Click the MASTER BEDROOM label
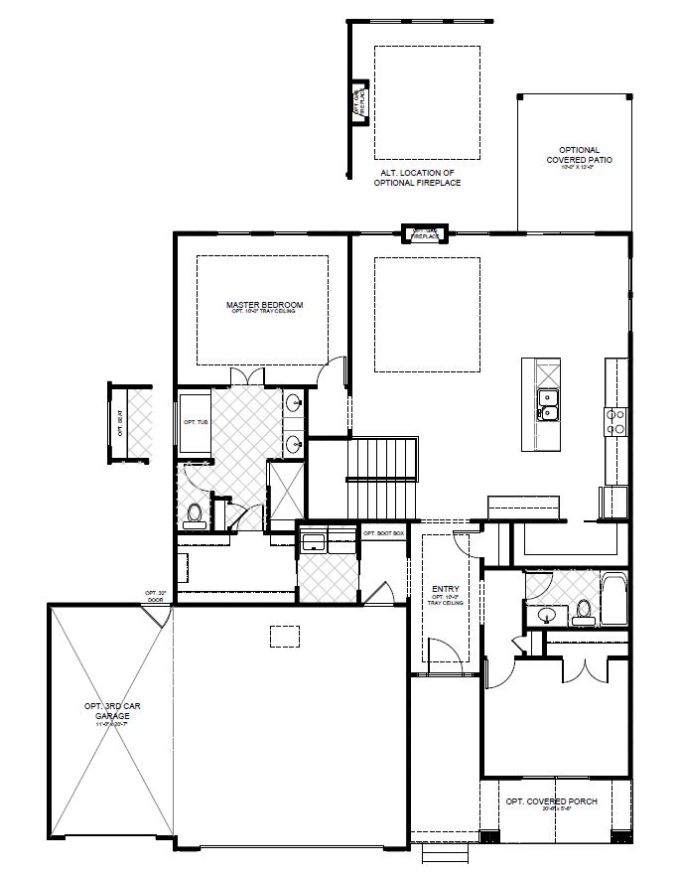263,306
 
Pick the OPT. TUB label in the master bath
196,422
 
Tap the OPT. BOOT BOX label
384,533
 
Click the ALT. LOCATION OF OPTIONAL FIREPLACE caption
417,178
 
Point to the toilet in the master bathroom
195,512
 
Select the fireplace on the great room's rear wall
425,234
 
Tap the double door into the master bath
245,377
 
